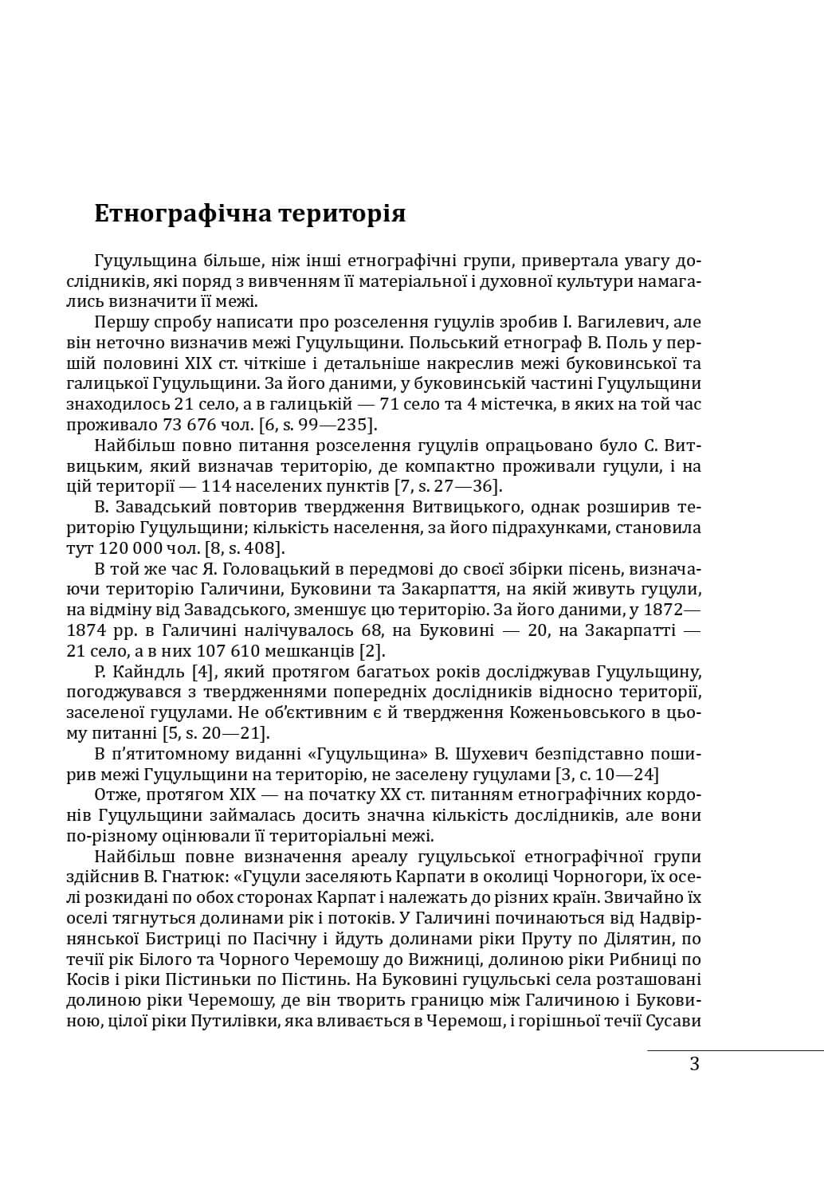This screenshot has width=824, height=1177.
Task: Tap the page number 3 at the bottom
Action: click(694, 1063)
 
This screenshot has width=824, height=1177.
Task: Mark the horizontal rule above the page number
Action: click(734, 1050)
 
